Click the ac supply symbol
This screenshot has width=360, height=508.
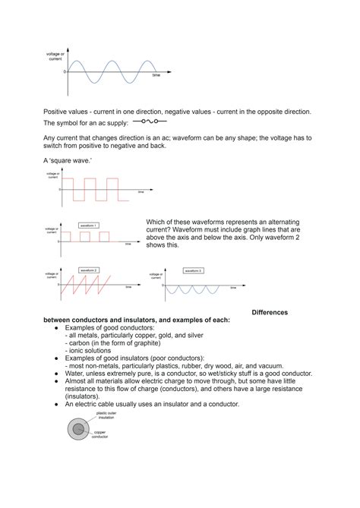coord(150,121)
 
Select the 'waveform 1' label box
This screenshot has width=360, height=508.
coord(89,226)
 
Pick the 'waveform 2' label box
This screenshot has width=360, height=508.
coord(89,270)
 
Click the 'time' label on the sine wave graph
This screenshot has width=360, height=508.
coord(156,76)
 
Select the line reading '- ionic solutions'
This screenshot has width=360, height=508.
coord(89,350)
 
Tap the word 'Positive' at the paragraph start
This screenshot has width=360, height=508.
coord(59,112)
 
